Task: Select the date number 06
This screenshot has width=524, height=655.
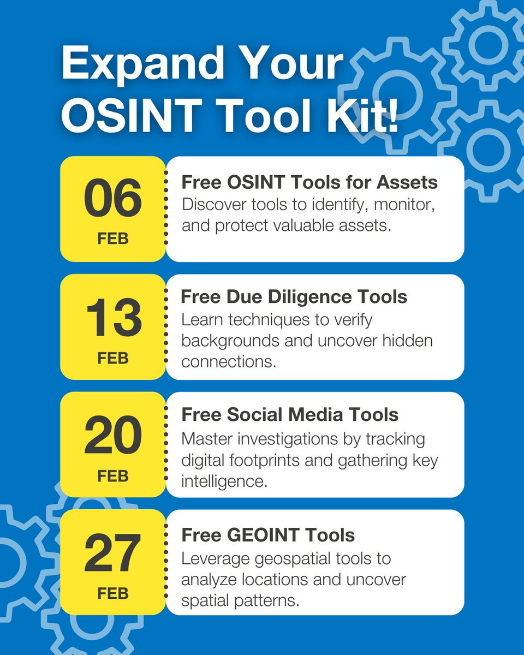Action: click(x=113, y=200)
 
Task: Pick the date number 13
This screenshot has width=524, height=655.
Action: click(x=113, y=319)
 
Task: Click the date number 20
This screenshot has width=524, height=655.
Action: click(x=113, y=437)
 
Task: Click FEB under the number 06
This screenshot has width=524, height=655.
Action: click(x=113, y=240)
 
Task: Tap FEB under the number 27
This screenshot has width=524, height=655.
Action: click(x=113, y=593)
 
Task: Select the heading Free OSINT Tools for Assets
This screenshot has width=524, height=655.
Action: click(x=309, y=182)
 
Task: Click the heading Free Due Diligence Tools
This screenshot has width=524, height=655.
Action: click(x=294, y=297)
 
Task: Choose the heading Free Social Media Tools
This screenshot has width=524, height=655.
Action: click(x=290, y=415)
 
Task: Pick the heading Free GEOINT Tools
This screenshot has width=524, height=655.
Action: click(x=268, y=535)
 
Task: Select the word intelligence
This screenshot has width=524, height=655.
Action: click(x=224, y=481)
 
